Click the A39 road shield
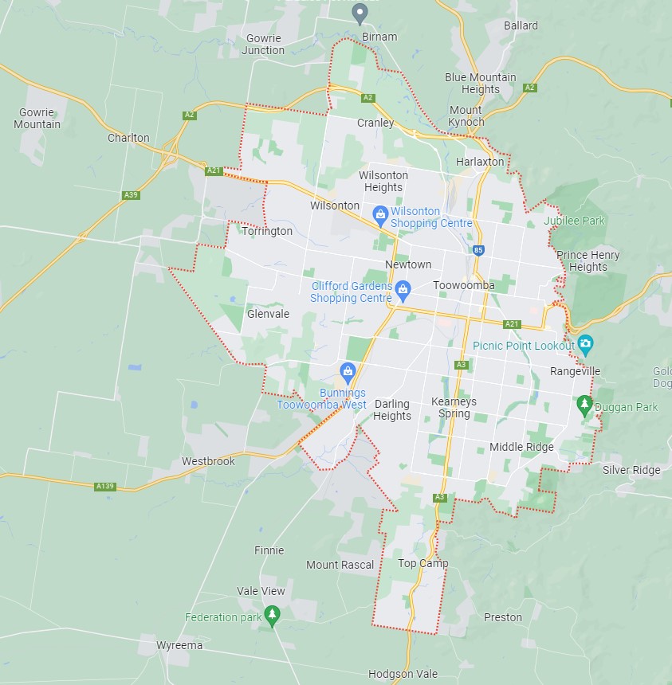(132, 194)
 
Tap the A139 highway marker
(104, 486)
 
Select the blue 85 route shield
(477, 250)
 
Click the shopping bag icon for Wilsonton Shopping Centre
(380, 213)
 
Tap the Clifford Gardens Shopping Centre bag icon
(403, 288)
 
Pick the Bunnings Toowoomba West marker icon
(348, 371)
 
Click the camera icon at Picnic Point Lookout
(586, 345)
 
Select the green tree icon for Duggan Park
(584, 405)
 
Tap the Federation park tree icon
(273, 615)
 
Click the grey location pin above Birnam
(360, 13)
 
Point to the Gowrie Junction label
(265, 44)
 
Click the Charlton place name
(128, 138)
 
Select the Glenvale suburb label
(268, 314)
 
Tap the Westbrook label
(208, 461)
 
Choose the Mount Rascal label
(340, 565)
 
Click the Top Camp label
(422, 563)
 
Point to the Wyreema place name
(179, 645)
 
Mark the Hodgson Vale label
(403, 674)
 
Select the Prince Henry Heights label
(588, 261)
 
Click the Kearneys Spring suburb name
(454, 408)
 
